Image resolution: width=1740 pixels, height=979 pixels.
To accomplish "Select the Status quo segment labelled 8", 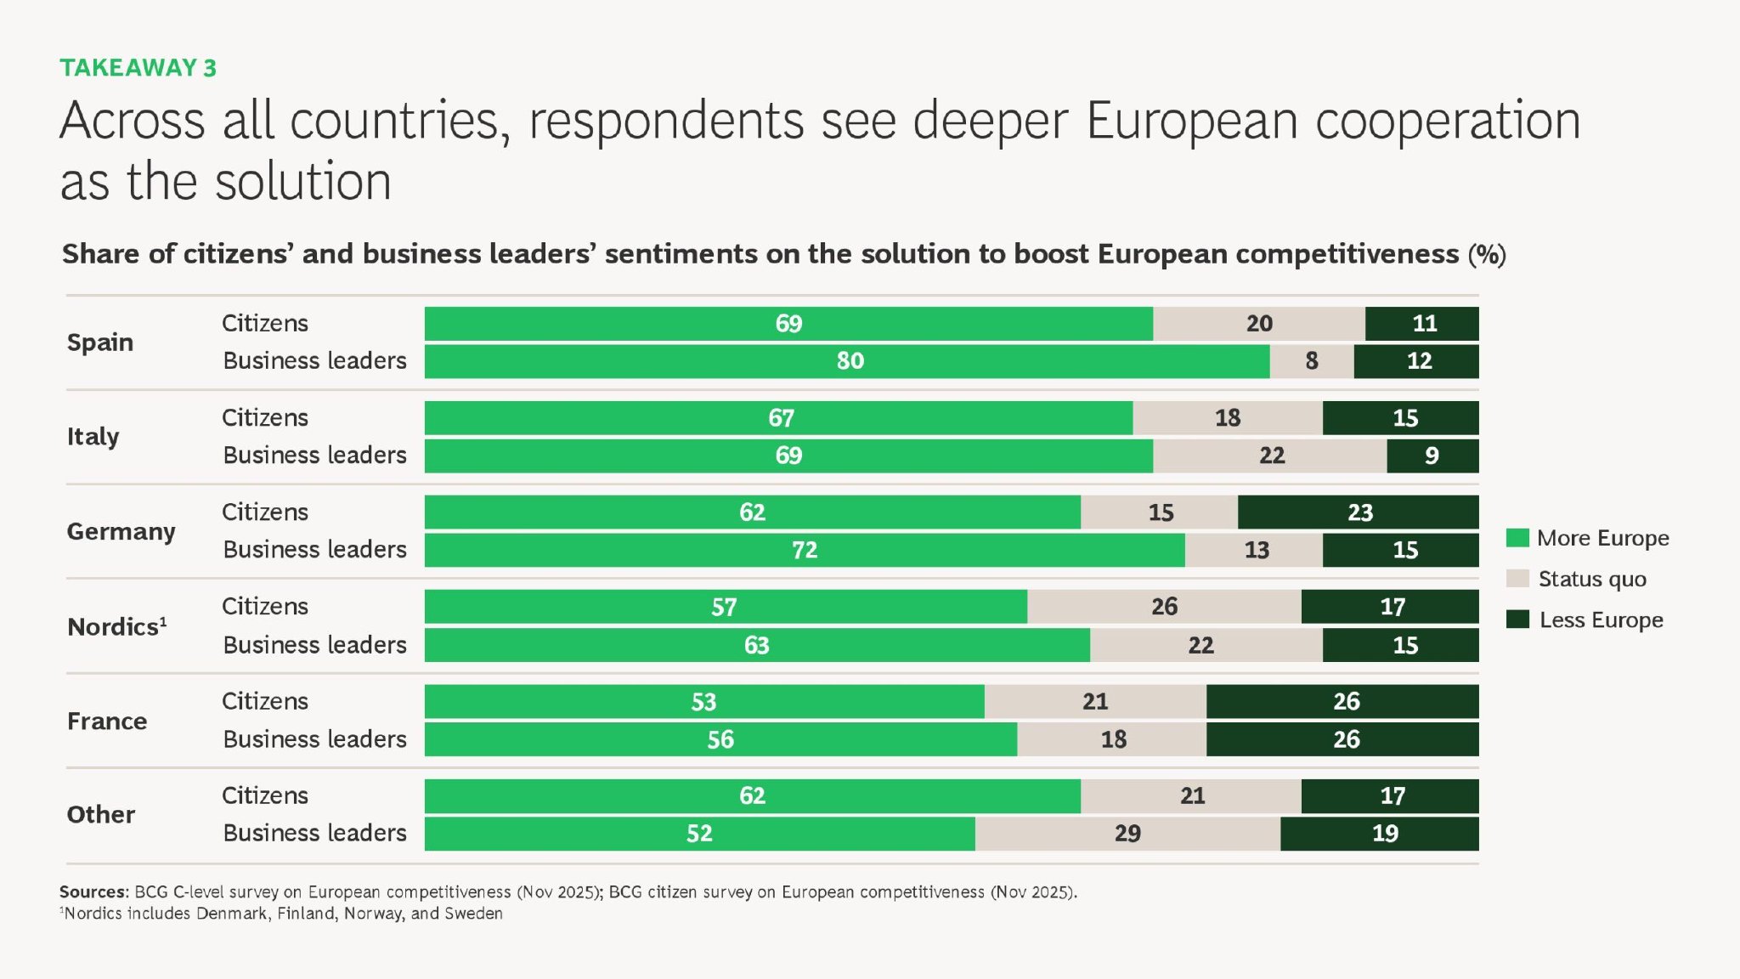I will [1311, 361].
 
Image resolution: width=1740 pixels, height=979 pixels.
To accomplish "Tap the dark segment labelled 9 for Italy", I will [1432, 456].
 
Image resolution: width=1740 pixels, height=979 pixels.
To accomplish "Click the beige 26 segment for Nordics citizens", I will [1163, 607].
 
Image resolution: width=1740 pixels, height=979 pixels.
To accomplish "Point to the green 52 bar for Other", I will [699, 834].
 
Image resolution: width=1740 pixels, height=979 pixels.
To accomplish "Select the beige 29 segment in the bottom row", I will [1127, 834].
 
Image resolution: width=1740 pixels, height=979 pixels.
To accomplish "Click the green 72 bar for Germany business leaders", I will [804, 551].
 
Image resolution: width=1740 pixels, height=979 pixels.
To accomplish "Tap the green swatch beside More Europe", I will [1517, 538].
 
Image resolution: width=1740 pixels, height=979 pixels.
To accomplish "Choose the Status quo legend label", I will [1592, 580].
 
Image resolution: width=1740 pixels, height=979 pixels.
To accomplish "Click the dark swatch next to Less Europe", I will [1517, 620].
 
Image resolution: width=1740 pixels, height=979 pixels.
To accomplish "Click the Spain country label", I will [100, 342].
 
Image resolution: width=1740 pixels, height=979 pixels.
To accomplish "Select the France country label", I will [107, 722].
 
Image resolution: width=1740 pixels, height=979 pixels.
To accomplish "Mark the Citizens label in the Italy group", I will [265, 418].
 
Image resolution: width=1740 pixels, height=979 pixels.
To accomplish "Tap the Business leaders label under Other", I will [314, 834].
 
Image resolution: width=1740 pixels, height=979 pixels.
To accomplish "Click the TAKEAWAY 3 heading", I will [138, 68].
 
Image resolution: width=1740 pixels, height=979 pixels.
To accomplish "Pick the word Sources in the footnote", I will [93, 892].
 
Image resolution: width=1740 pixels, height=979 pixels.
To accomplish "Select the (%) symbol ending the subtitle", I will [1487, 255].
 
